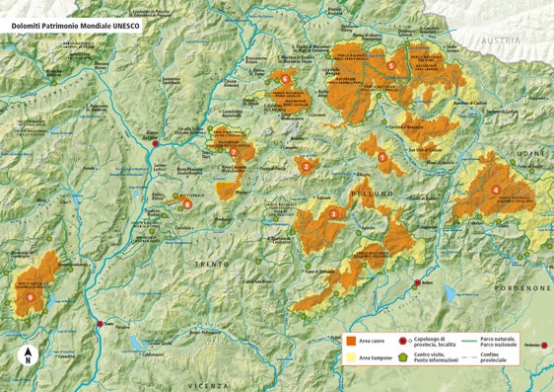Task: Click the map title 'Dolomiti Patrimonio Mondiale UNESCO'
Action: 74,27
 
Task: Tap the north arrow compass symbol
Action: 29,355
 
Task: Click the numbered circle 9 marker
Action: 31,296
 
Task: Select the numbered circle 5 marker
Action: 391,66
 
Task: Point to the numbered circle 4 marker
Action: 495,190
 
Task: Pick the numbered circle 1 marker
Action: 381,157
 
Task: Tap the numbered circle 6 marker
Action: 285,78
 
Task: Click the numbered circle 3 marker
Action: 333,213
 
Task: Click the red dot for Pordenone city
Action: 545,346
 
